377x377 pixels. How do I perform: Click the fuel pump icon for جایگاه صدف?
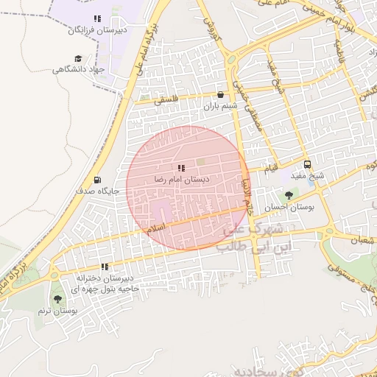(97, 180)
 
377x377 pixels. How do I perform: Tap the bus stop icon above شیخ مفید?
(307, 165)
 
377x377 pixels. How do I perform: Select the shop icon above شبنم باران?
(221, 95)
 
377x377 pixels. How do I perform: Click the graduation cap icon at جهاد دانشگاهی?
(78, 59)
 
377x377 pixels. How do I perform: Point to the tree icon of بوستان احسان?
(289, 196)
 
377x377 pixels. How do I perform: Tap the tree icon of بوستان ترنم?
(57, 299)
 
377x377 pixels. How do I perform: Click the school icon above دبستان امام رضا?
(181, 168)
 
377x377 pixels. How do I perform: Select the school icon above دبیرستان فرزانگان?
(97, 18)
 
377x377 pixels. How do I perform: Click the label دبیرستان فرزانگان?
(97, 30)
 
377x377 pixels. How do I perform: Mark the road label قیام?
(272, 169)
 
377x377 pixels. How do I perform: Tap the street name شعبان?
(364, 241)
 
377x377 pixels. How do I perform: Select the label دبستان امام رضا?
(182, 179)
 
